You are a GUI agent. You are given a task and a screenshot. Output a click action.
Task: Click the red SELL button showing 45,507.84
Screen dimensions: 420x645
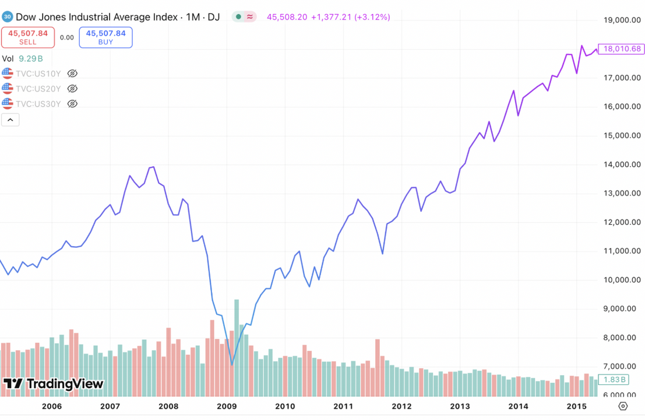tap(28, 37)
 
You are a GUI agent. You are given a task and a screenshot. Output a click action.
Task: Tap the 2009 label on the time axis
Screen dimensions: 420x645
tap(226, 406)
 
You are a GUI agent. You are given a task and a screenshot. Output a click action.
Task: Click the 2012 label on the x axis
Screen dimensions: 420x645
tap(401, 406)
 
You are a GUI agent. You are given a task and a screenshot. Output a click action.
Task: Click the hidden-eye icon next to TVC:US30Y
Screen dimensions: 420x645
tap(72, 104)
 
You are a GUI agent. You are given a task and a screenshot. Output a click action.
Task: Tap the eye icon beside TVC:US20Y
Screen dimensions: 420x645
tap(72, 89)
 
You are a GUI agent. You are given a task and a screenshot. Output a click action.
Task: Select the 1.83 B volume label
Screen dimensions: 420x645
tap(615, 379)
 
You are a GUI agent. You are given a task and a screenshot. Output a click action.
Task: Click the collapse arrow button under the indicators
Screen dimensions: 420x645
tap(11, 120)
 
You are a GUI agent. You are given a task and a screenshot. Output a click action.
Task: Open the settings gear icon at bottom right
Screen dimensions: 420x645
tap(623, 406)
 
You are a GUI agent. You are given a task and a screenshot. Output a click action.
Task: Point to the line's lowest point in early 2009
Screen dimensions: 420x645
tap(232, 365)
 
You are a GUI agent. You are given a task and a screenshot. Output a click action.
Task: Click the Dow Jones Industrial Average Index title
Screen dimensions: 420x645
tap(97, 17)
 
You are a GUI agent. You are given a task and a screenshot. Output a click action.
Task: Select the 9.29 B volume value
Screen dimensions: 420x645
tap(31, 58)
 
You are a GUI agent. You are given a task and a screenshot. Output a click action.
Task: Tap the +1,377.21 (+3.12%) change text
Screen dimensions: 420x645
tap(350, 17)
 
